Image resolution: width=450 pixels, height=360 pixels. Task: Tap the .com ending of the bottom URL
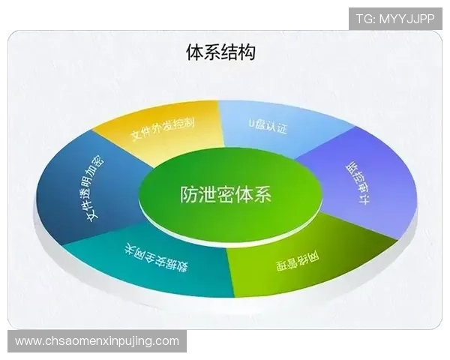[x=166, y=341]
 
